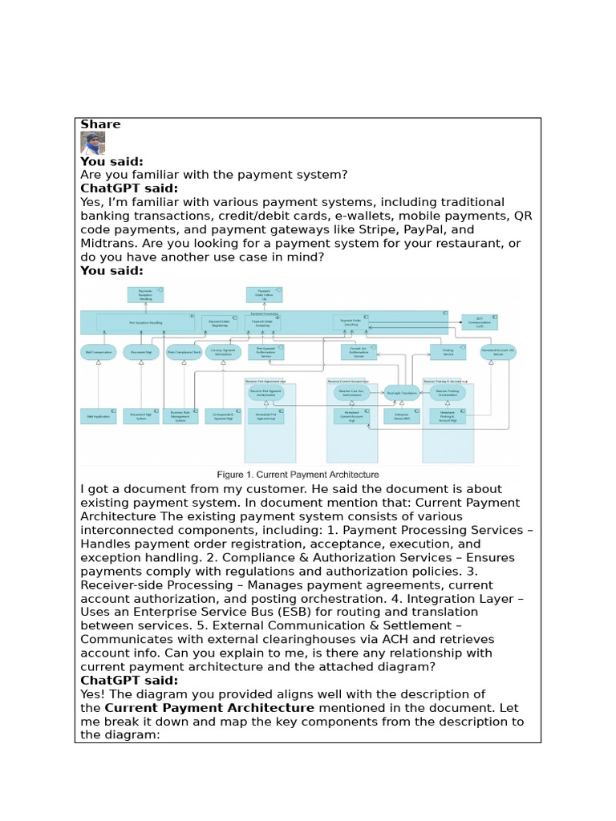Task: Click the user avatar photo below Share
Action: [92, 143]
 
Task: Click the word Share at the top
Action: [100, 124]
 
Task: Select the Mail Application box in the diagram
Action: [98, 416]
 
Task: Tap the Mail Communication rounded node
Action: [98, 352]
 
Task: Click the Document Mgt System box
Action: [140, 416]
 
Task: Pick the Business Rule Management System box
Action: [180, 416]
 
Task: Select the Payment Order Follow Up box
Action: [264, 295]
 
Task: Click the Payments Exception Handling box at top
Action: [145, 295]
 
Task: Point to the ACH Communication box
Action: [480, 322]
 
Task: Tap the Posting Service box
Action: [448, 352]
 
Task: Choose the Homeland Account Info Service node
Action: [498, 352]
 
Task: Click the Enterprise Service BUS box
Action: [401, 416]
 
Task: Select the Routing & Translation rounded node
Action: [402, 393]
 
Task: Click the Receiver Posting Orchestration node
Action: [447, 393]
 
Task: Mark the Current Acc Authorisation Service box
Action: [359, 352]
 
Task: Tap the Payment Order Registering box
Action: [219, 322]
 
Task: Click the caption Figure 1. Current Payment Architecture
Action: [298, 475]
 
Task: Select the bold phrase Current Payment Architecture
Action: [209, 708]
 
